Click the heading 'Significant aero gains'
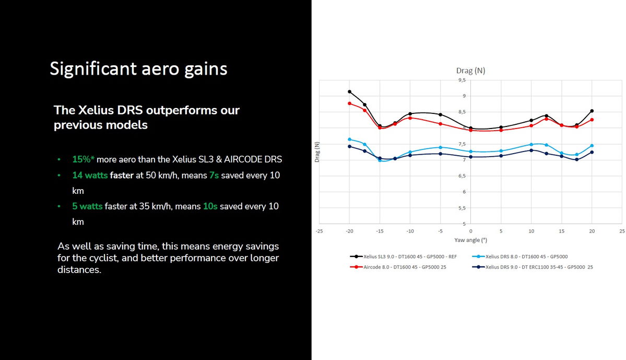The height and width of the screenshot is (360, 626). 138,69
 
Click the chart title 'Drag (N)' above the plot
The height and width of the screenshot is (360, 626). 471,71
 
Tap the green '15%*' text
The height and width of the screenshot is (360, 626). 83,159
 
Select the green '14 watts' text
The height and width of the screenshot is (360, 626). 90,175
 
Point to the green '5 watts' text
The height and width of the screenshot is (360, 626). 87,206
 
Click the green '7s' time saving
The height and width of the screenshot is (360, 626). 214,175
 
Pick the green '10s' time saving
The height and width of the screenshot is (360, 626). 210,206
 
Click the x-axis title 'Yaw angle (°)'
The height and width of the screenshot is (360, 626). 471,240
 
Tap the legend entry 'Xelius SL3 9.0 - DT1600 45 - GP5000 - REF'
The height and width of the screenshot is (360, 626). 403,257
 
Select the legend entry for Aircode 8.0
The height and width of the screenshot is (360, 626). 398,267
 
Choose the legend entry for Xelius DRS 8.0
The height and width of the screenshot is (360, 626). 520,257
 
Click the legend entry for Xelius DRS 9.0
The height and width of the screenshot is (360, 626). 533,267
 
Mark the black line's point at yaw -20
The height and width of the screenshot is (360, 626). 350,92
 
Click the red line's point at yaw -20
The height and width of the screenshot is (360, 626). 350,103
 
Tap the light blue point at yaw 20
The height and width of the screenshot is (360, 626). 592,146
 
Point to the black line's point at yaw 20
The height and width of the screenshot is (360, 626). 592,111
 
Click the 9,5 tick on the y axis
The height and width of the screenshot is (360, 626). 462,80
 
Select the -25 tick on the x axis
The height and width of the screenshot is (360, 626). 320,231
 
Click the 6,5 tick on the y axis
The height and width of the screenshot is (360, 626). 462,176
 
